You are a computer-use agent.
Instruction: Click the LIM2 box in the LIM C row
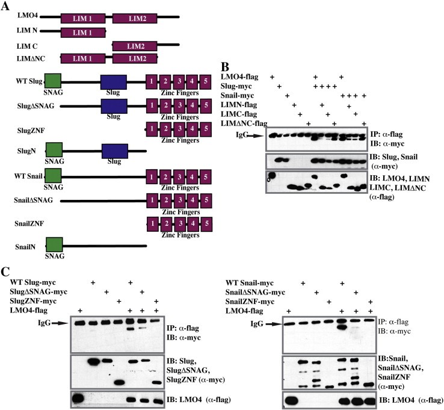coord(134,45)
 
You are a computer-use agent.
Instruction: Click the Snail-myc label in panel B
coord(239,96)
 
